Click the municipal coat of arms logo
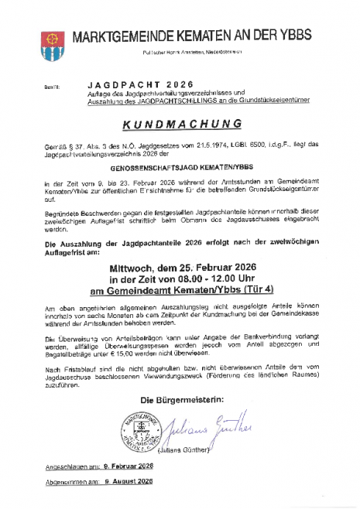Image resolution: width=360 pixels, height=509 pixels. pos(53,46)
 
